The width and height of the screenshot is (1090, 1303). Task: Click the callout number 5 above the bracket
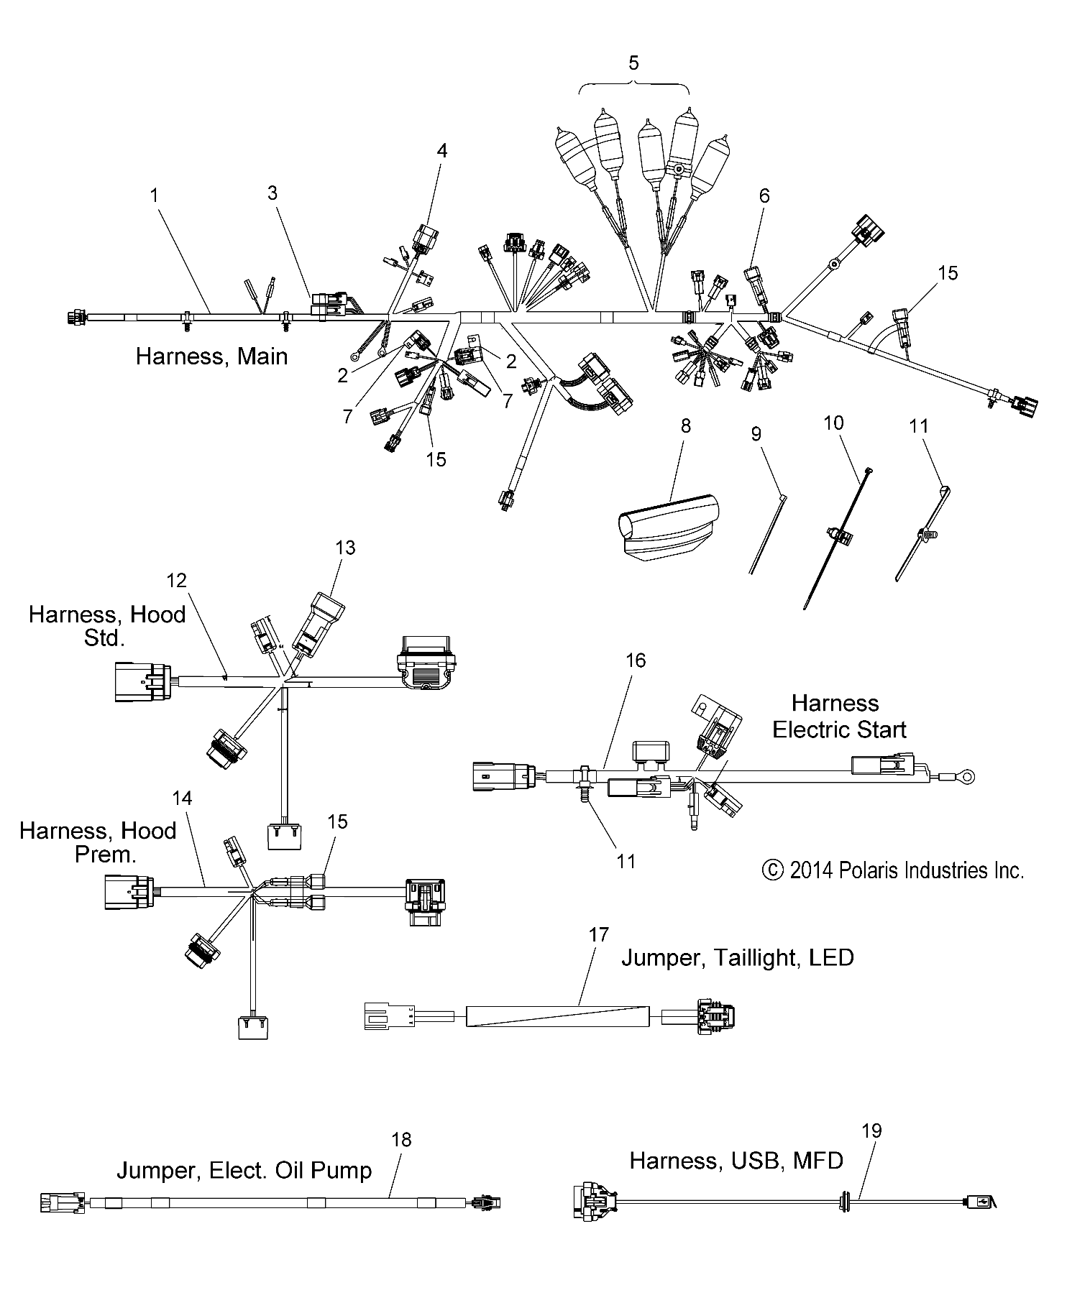click(633, 63)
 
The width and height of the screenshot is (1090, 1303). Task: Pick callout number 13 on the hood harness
click(345, 548)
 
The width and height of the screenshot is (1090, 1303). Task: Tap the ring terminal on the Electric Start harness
click(968, 775)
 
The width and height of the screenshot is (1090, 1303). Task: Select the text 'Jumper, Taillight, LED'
click(737, 958)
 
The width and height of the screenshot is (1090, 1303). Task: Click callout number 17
click(598, 935)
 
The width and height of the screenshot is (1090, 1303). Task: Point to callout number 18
click(401, 1139)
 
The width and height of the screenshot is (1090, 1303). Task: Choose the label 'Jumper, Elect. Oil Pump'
click(244, 1171)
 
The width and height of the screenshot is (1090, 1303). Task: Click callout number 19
click(871, 1131)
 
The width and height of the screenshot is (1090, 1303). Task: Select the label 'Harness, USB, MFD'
click(736, 1160)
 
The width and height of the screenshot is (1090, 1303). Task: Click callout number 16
click(636, 660)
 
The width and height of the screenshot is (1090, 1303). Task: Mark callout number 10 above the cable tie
click(833, 423)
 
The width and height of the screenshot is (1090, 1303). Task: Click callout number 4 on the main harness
click(441, 150)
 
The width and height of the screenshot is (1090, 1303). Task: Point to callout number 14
click(183, 798)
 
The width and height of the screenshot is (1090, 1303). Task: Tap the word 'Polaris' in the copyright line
click(870, 871)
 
